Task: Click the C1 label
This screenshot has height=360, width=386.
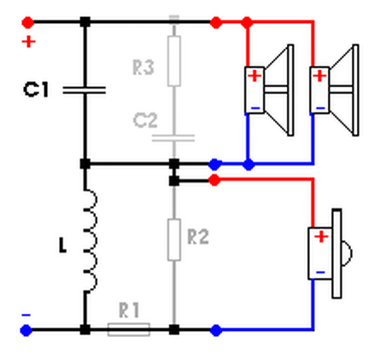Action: tap(36, 90)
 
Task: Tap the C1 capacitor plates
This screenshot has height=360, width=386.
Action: tap(85, 90)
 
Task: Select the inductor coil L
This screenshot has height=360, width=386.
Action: tap(90, 241)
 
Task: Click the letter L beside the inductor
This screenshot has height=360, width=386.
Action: tap(62, 246)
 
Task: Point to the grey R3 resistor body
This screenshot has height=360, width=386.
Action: tap(174, 61)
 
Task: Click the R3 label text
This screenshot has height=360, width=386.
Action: tap(143, 67)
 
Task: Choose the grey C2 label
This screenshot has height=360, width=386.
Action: tap(145, 120)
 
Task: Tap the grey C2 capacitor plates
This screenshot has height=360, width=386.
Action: tap(173, 138)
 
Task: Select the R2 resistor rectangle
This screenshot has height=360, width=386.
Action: tap(174, 240)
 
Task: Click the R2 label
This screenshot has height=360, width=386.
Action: tap(198, 236)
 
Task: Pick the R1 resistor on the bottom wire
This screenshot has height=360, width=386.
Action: tap(129, 329)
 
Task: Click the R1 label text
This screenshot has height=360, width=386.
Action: tap(129, 311)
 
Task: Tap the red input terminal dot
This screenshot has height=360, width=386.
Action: tap(28, 22)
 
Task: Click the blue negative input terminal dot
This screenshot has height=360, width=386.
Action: tap(26, 330)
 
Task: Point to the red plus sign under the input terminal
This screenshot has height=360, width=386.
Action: tap(29, 42)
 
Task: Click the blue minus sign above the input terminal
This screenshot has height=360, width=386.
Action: tap(26, 315)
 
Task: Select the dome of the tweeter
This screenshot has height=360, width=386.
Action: tap(347, 253)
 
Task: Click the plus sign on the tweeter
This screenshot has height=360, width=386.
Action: tap(321, 236)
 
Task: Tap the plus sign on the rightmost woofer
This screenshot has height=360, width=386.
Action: tap(319, 76)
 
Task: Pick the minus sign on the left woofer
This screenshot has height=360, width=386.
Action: tap(255, 108)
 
